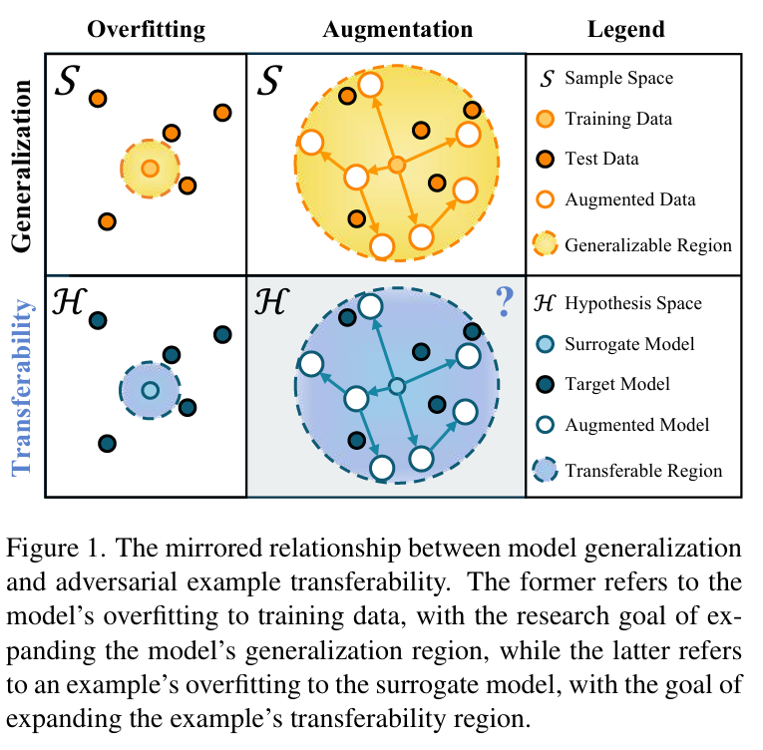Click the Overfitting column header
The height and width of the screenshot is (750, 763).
tap(146, 29)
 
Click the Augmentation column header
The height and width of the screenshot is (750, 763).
tap(397, 29)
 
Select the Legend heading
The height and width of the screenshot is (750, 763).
tap(625, 30)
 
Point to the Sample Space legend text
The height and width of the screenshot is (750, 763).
tap(618, 77)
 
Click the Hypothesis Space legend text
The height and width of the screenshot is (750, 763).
tap(632, 303)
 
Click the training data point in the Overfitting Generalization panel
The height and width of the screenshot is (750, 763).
tap(150, 168)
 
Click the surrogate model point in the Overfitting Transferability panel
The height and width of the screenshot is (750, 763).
tap(150, 390)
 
